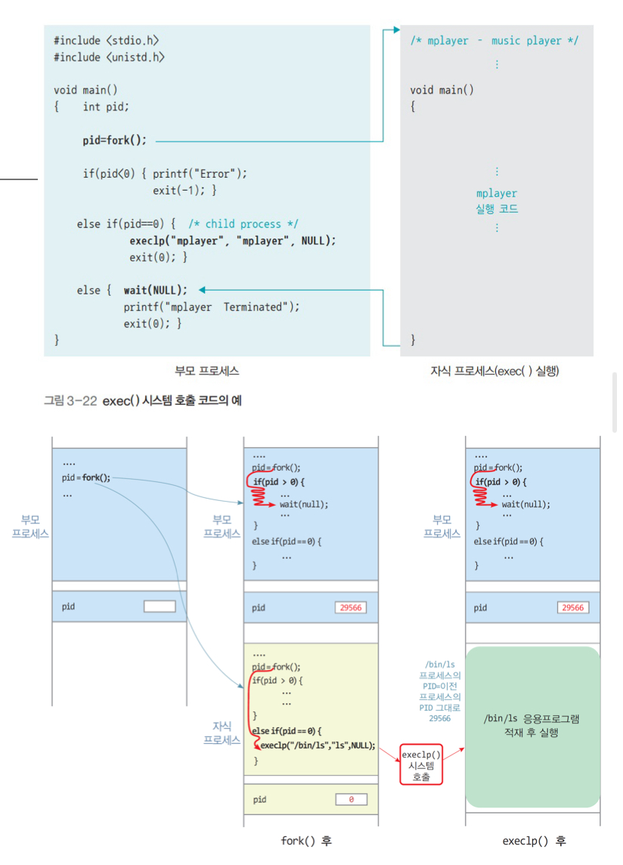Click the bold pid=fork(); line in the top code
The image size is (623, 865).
115,141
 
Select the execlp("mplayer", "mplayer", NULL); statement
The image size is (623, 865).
232,241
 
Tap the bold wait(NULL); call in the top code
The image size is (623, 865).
155,290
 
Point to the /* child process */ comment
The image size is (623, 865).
243,224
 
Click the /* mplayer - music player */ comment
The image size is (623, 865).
494,41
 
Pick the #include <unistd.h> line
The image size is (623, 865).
109,58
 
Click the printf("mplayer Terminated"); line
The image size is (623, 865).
212,307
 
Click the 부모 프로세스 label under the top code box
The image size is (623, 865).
206,371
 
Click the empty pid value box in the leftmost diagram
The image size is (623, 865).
159,607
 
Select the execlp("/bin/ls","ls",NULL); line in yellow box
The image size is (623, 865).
317,745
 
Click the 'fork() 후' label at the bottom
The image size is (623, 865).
305,841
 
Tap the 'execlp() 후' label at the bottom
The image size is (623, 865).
534,841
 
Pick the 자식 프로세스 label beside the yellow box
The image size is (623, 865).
222,733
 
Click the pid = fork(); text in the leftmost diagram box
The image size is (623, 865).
86,478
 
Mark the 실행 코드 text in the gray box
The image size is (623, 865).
496,209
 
